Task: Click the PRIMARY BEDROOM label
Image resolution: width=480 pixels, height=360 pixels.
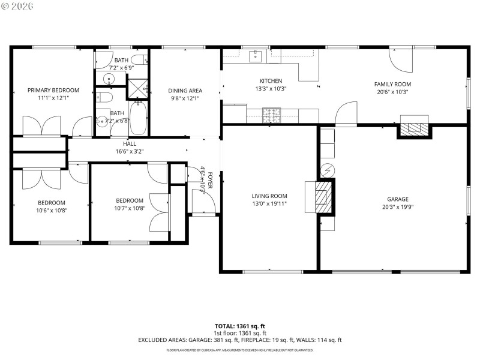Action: coord(53,90)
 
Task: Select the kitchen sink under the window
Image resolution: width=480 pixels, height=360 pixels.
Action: coord(255,55)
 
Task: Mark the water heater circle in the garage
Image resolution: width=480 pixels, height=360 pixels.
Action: coord(327,170)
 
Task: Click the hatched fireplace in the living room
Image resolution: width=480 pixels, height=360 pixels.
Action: coord(323,196)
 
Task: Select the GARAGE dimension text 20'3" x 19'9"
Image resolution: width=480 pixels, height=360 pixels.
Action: coord(397,208)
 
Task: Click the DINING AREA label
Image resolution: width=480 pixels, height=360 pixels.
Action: coord(185,90)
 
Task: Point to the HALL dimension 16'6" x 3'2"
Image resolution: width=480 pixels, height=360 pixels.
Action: coord(130,152)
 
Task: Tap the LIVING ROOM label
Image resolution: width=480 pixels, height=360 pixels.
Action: coord(269,196)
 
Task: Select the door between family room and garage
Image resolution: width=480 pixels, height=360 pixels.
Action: coord(346,115)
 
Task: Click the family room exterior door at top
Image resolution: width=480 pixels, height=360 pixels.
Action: coord(398,60)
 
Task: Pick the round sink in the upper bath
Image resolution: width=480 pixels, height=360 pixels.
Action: coord(110,79)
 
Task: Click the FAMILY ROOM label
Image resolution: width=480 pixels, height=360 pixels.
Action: coord(392,84)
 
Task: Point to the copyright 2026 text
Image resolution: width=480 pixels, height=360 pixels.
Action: coord(18,5)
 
